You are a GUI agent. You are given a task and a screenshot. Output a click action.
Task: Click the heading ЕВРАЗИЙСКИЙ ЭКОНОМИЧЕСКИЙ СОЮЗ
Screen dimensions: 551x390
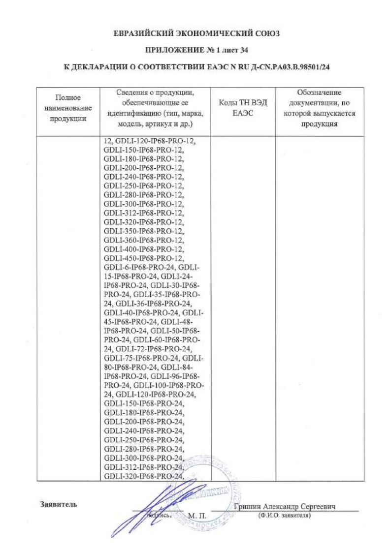click(196, 33)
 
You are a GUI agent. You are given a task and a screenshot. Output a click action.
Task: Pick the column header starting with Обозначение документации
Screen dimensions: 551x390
click(320, 108)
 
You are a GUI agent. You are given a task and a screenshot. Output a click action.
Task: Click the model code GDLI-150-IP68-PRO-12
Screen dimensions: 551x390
click(144, 151)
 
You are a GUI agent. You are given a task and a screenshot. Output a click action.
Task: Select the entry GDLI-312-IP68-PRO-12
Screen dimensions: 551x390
click(144, 213)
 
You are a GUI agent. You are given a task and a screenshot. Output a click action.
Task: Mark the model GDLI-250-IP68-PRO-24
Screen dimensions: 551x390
click(144, 440)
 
